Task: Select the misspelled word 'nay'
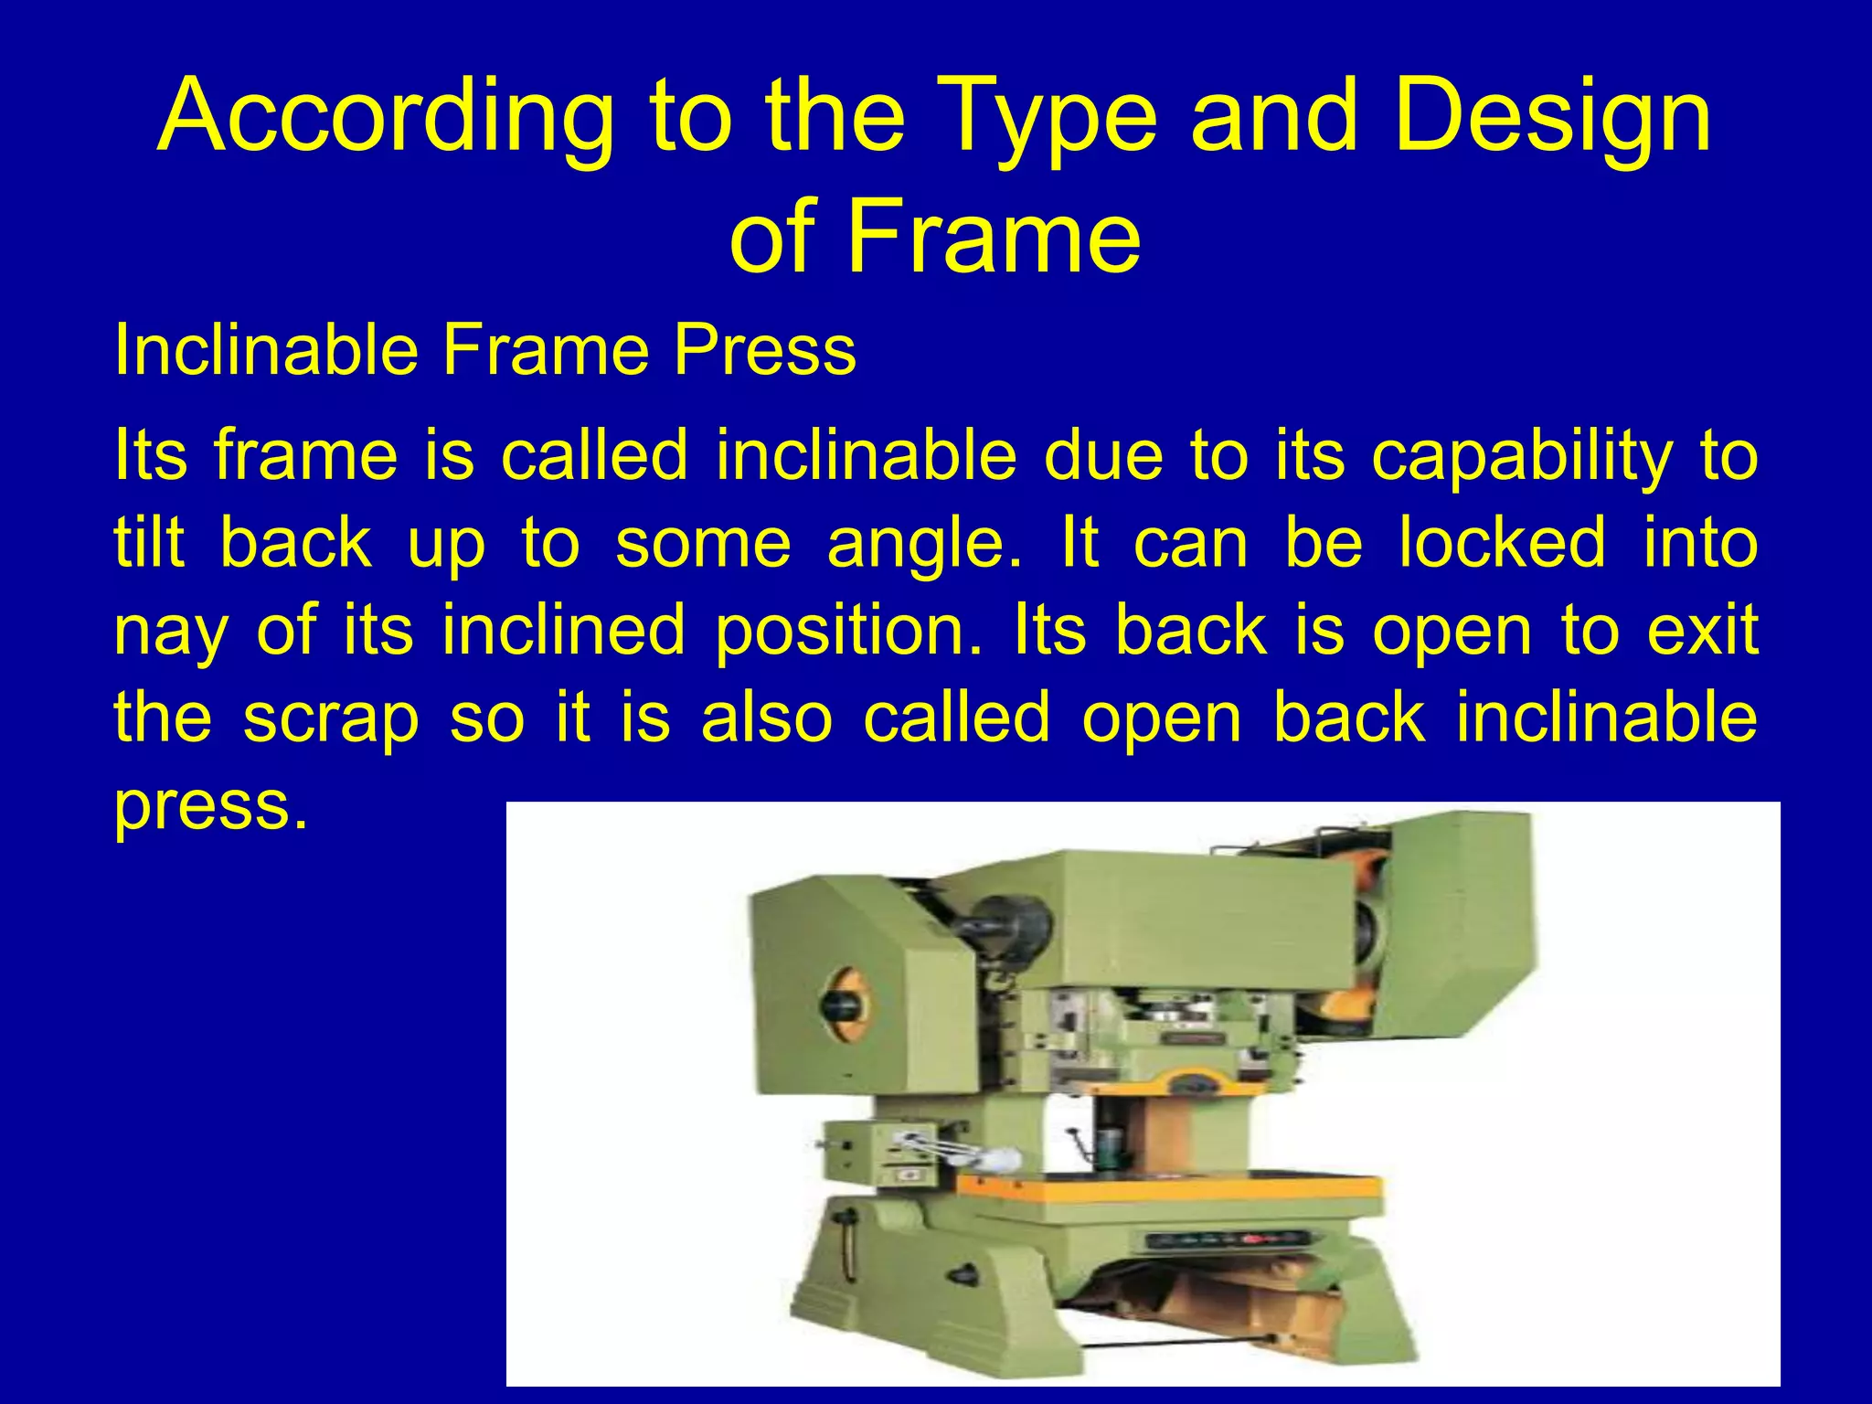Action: (168, 631)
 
